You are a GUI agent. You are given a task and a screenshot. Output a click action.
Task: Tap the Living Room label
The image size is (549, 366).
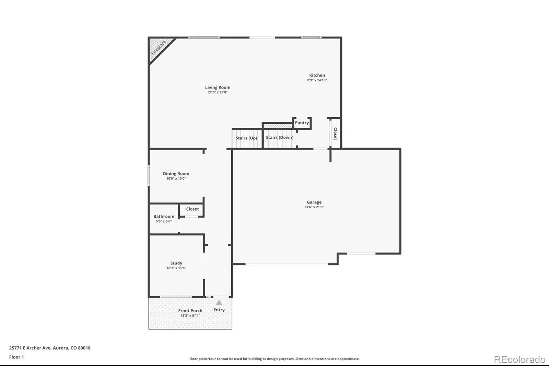tap(218, 87)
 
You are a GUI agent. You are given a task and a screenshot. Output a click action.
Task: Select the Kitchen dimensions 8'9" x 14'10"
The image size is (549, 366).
tap(317, 80)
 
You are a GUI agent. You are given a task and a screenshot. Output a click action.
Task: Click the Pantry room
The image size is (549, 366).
tap(302, 123)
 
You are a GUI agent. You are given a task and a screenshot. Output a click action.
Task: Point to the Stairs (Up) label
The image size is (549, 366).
tap(246, 138)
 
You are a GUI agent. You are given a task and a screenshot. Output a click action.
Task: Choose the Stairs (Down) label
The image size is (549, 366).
tap(280, 138)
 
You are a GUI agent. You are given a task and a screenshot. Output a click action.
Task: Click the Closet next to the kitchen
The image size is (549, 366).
tap(335, 134)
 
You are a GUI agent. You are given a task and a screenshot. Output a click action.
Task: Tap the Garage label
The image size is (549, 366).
tap(314, 202)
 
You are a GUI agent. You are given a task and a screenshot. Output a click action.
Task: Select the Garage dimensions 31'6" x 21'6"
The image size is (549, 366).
tap(314, 207)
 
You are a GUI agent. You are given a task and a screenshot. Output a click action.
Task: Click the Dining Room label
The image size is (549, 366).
tap(176, 174)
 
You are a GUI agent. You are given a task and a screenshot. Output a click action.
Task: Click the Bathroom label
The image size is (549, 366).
tap(164, 216)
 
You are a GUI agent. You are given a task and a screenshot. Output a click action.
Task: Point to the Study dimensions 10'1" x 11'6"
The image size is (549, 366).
tap(176, 268)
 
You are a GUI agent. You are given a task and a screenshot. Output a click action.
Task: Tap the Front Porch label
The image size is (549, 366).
tap(190, 311)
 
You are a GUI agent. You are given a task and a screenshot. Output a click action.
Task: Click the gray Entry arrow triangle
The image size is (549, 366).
tap(219, 302)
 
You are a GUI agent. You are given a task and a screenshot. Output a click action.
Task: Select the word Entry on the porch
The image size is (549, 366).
tap(219, 310)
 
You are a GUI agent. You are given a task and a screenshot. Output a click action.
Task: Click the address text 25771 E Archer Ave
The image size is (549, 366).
tap(30, 348)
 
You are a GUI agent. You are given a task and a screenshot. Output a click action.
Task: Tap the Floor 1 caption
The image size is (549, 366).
tap(16, 357)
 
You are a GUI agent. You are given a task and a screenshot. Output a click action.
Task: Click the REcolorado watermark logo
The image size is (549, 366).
tap(519, 359)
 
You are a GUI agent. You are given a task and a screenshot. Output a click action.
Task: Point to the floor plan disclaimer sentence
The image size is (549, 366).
tap(274, 359)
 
